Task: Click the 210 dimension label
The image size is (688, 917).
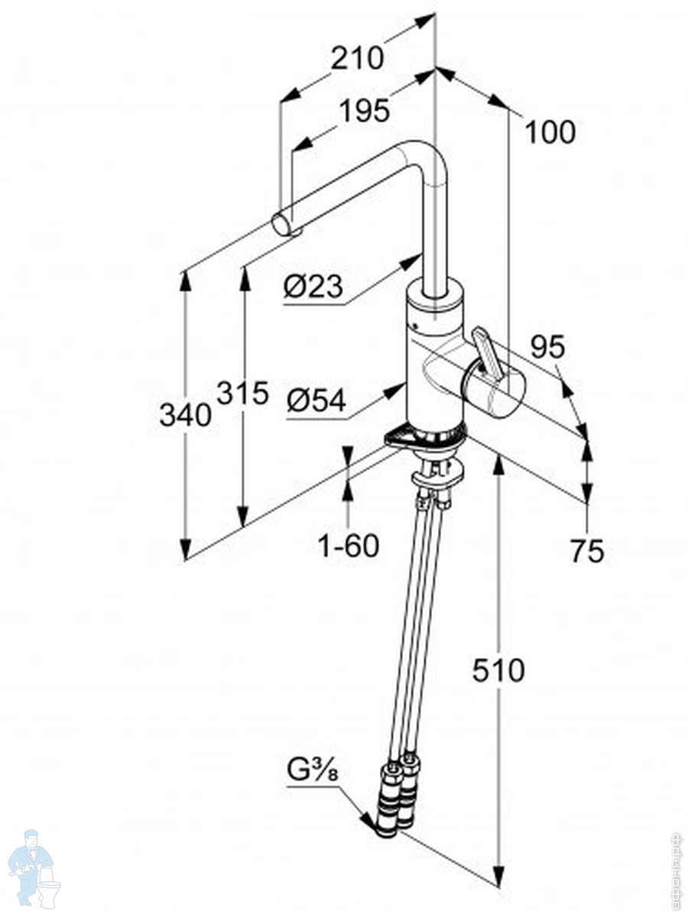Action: [357, 57]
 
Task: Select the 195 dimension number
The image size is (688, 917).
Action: [365, 111]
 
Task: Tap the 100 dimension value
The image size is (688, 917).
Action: [550, 132]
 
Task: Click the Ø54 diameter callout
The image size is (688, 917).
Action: [316, 400]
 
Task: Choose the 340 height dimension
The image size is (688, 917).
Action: [186, 415]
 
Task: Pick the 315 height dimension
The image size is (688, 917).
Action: [242, 393]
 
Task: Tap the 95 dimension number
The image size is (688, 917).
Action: [547, 346]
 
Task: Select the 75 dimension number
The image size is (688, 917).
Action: [587, 551]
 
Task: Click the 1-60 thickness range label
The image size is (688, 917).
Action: [349, 545]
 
